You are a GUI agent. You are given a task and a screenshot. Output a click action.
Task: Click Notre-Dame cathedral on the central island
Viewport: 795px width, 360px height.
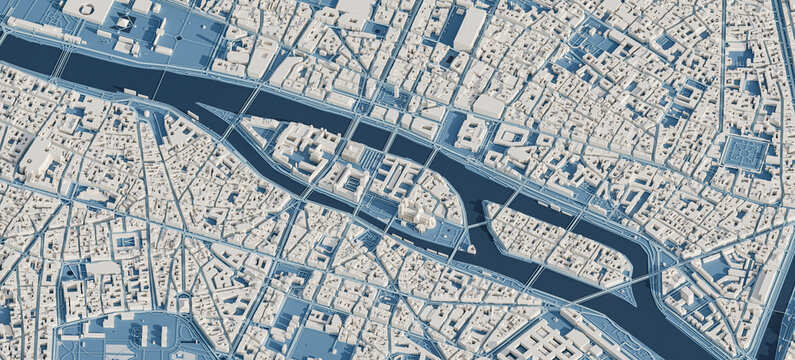(414, 213)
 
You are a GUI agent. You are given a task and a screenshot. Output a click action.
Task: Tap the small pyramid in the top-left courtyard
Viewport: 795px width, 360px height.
(124, 22)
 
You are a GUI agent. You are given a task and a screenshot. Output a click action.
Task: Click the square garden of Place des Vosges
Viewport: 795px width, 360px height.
(745, 152)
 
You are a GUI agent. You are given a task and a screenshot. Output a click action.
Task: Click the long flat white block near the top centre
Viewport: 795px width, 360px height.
(470, 29)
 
